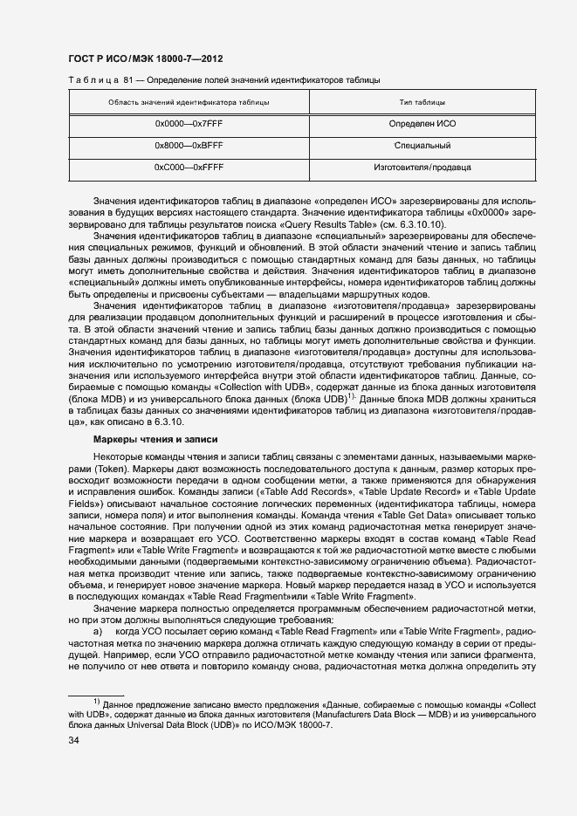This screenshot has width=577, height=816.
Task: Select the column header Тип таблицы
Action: (422, 103)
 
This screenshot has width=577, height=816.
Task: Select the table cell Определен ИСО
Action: (422, 124)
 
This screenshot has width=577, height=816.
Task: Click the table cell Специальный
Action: (422, 145)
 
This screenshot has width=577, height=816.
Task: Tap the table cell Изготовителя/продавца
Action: (422, 166)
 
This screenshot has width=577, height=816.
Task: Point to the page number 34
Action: (73, 741)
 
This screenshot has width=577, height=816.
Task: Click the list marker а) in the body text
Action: (98, 629)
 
